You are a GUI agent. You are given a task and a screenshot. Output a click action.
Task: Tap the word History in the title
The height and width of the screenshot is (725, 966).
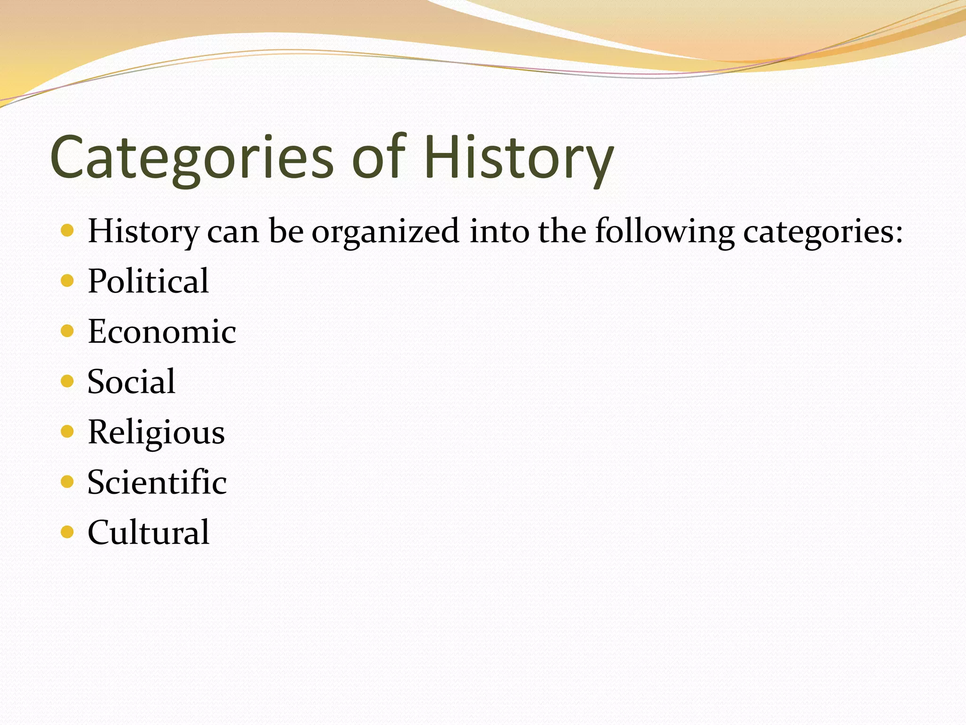click(x=519, y=158)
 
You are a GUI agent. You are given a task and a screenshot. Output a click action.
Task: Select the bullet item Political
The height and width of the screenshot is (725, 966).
click(x=148, y=281)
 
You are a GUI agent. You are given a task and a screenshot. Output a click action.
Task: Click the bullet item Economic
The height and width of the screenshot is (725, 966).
click(x=162, y=331)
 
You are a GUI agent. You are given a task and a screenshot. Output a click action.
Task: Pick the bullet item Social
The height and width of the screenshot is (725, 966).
click(x=131, y=381)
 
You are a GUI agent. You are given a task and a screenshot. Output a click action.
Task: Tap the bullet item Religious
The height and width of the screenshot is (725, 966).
click(x=156, y=432)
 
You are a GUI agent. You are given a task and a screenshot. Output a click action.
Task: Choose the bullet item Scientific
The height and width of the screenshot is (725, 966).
click(x=157, y=482)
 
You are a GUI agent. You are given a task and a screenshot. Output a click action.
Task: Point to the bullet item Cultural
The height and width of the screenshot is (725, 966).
click(x=149, y=532)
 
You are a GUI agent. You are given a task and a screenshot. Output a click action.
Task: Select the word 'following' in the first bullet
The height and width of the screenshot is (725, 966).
click(x=665, y=232)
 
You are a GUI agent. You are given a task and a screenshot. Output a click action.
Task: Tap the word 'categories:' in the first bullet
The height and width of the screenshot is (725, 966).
click(x=823, y=232)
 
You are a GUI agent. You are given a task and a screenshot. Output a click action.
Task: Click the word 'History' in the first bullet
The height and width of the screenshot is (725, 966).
click(x=144, y=232)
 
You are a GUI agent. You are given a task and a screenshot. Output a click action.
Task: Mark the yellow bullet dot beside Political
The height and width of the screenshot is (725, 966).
click(x=67, y=281)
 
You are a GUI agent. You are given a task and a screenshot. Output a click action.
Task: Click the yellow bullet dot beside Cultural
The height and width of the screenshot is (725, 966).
click(x=67, y=532)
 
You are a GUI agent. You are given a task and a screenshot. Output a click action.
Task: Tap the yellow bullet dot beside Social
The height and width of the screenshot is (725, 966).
click(x=67, y=381)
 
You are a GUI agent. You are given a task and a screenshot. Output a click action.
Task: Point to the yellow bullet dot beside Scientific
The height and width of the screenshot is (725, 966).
click(x=67, y=481)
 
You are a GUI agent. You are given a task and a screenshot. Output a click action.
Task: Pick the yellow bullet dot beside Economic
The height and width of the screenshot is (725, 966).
click(x=67, y=331)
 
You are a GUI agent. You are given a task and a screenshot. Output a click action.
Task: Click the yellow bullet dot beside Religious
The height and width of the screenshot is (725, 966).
click(x=67, y=431)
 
